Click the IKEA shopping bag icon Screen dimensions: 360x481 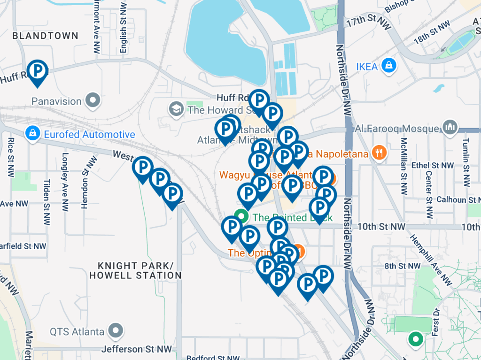[389, 66]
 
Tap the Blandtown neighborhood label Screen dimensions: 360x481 [45, 36]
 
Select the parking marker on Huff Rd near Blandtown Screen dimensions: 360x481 [37, 71]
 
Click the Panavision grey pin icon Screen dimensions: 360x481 [93, 101]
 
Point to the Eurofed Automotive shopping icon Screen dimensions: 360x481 [34, 134]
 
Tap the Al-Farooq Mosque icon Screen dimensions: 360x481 [450, 128]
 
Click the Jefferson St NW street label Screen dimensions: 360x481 [136, 349]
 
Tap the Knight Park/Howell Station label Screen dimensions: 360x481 [135, 271]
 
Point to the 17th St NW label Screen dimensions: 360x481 [368, 23]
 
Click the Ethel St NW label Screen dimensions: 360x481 [432, 165]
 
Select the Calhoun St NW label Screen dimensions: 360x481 [458, 199]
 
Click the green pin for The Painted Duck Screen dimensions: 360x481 [241, 216]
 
